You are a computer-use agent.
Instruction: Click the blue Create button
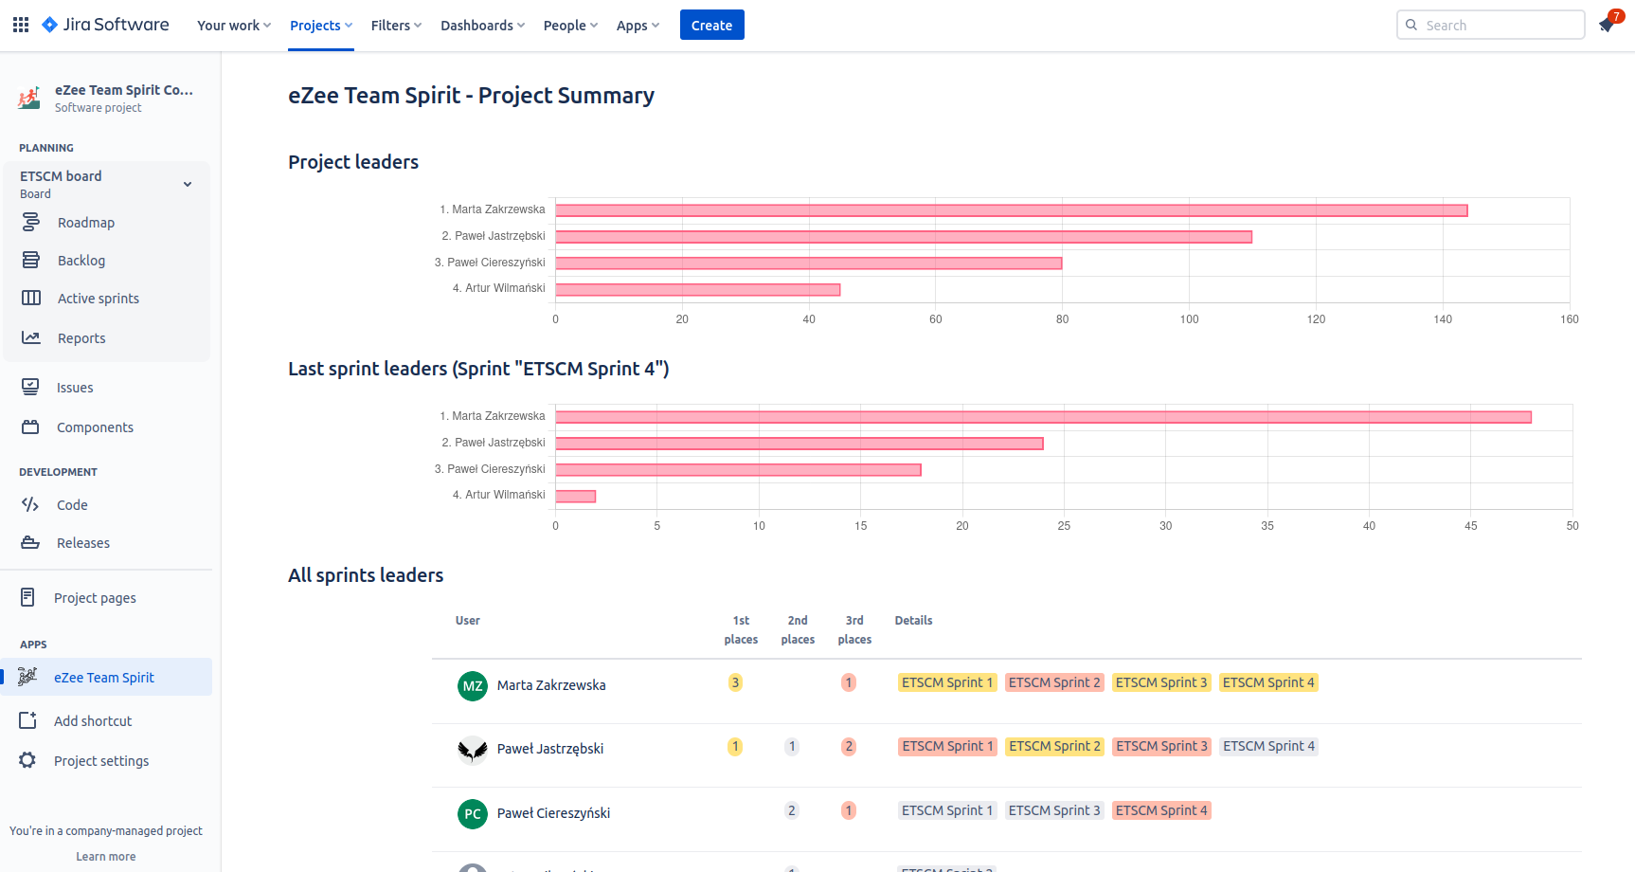pyautogui.click(x=711, y=26)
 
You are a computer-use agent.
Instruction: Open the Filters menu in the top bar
pyautogui.click(x=396, y=26)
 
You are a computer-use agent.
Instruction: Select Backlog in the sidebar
pyautogui.click(x=81, y=261)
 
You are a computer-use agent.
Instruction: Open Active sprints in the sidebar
pyautogui.click(x=98, y=299)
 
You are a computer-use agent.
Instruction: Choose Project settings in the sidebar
pyautogui.click(x=101, y=761)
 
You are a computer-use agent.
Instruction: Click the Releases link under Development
pyautogui.click(x=83, y=543)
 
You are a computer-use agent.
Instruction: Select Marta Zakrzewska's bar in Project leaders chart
pyautogui.click(x=1011, y=210)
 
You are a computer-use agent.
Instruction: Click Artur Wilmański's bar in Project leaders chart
pyautogui.click(x=697, y=289)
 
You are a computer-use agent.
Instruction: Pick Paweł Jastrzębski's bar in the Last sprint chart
pyautogui.click(x=799, y=444)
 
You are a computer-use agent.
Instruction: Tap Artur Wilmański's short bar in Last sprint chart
pyautogui.click(x=575, y=496)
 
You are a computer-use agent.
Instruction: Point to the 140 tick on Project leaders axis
pyautogui.click(x=1443, y=319)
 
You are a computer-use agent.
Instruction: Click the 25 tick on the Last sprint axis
pyautogui.click(x=1064, y=526)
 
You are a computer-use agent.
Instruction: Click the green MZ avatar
pyautogui.click(x=473, y=686)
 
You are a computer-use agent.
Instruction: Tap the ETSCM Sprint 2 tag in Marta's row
pyautogui.click(x=1054, y=682)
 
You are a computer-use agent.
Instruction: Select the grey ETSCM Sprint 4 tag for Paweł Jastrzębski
pyautogui.click(x=1268, y=746)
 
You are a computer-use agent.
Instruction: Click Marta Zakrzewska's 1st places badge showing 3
pyautogui.click(x=735, y=682)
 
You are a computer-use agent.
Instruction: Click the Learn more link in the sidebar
pyautogui.click(x=106, y=857)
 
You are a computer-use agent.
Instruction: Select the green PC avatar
pyautogui.click(x=473, y=814)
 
